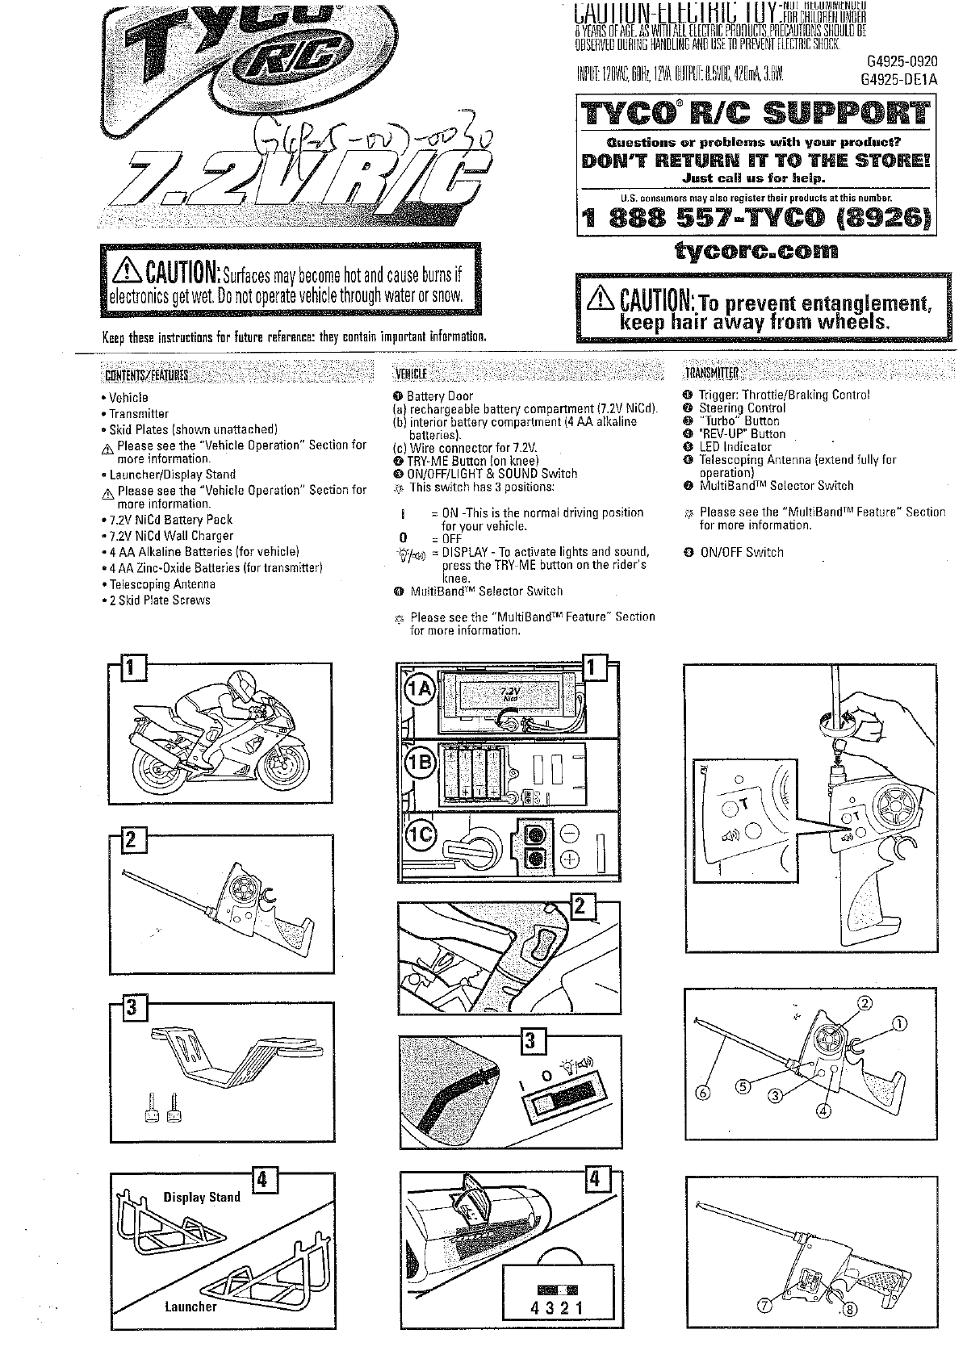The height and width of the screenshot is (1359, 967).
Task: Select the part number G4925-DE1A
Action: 898,79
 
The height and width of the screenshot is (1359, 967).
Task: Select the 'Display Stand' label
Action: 202,1197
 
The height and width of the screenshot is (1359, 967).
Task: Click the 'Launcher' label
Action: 190,1307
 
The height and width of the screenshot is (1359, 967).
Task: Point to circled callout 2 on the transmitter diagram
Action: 864,1004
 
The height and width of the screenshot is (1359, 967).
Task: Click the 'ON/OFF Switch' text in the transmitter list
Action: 741,553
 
